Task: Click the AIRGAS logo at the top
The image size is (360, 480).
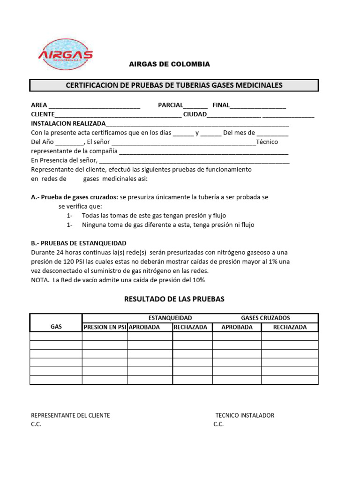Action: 65,54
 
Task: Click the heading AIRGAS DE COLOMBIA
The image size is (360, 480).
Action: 169,64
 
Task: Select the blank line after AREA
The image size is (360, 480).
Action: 94,105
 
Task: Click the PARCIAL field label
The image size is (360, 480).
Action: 170,105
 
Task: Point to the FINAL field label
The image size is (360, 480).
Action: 221,105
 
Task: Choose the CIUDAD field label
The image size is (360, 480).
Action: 195,114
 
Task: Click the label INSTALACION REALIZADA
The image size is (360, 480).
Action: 68,123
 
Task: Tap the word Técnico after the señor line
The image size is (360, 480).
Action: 267,142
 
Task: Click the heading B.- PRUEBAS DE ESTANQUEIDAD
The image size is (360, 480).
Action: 78,243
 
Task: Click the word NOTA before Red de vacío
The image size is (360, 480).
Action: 39,280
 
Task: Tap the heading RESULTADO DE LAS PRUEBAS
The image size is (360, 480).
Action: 174,299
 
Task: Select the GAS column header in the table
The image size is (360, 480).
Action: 56,327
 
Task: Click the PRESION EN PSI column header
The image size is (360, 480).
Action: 105,327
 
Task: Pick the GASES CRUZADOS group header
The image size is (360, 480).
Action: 265,318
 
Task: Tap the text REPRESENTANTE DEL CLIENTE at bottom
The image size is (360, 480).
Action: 70,415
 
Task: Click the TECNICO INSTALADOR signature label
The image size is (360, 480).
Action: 245,415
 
